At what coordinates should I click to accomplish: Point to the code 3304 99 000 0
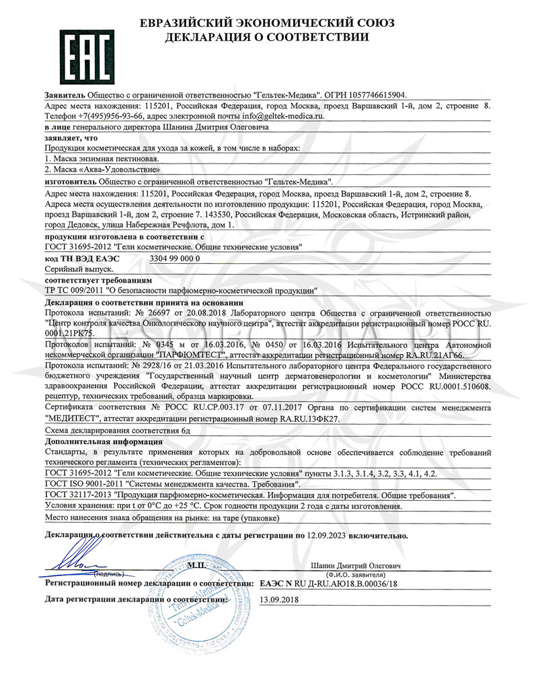(x=174, y=258)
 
